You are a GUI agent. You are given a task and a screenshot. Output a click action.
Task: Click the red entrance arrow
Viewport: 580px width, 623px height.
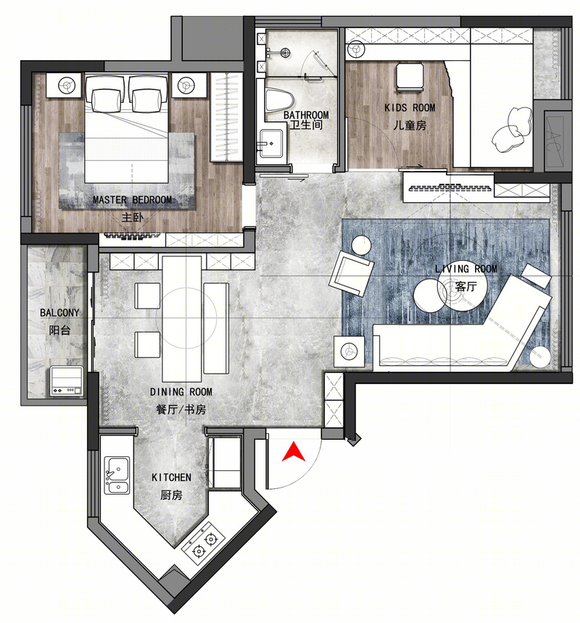click(294, 452)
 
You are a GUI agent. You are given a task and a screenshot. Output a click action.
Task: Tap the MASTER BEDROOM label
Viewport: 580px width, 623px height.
click(133, 200)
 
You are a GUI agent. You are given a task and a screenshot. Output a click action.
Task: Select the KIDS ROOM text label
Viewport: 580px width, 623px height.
click(410, 108)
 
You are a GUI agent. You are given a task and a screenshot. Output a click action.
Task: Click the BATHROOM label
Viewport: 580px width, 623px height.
click(306, 115)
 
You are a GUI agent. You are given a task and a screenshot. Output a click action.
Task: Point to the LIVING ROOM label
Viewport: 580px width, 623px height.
click(466, 269)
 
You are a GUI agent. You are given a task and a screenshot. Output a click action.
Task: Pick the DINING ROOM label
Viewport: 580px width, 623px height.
click(181, 392)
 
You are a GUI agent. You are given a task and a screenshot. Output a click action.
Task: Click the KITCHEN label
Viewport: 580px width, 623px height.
click(171, 477)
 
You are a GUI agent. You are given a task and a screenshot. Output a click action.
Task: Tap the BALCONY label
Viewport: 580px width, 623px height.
click(59, 313)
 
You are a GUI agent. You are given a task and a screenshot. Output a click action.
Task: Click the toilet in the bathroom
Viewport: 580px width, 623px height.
click(279, 100)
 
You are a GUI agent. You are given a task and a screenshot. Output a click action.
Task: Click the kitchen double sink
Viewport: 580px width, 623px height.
click(117, 475)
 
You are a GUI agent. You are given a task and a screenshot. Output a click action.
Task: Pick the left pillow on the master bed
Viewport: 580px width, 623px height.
click(106, 100)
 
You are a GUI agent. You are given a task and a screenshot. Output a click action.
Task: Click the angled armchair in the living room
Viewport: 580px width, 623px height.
click(351, 274)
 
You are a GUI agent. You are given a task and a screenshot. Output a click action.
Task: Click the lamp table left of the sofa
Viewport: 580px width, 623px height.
click(349, 351)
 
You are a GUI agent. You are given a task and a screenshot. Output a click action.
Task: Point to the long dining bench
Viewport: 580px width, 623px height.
click(216, 328)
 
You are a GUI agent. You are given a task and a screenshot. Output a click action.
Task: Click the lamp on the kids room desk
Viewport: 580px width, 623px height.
click(356, 49)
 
